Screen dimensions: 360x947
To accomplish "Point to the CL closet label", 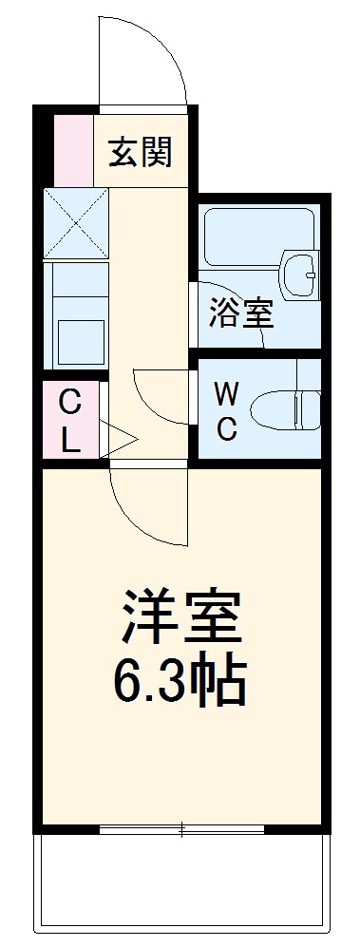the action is coord(70,419).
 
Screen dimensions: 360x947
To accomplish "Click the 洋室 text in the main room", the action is coord(181,617).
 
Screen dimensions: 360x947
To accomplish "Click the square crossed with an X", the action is coord(75,223).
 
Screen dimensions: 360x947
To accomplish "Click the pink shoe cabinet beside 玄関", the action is coord(73,149).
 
